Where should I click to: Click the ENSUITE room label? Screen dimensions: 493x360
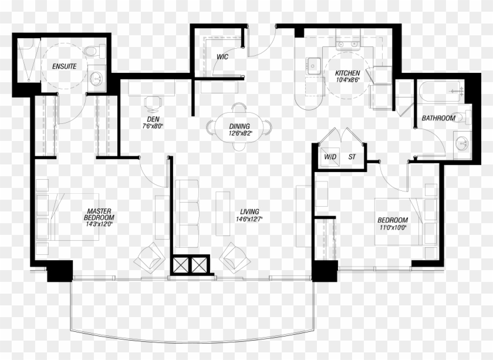point(64,66)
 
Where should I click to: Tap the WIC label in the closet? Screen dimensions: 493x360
point(222,57)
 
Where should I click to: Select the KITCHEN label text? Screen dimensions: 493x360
point(347,73)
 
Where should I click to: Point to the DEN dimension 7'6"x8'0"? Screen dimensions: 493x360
point(153,126)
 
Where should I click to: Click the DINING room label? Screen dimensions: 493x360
point(239,126)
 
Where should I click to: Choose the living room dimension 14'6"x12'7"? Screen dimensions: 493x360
point(249,218)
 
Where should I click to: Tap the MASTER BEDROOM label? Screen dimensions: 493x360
point(99,214)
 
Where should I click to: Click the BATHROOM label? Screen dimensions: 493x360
point(438,118)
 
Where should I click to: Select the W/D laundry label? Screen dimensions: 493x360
point(330,157)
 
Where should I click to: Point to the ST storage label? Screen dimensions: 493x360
point(352,157)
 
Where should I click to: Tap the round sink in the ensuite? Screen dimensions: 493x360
point(96,78)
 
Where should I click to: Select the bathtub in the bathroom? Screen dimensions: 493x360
point(441,92)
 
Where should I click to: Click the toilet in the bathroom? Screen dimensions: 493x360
point(461,117)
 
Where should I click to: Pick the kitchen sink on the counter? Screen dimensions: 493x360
point(314,66)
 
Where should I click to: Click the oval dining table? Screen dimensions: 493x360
point(239,127)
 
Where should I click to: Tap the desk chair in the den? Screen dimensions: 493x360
point(153,104)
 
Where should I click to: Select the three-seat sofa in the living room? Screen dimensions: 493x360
point(187,214)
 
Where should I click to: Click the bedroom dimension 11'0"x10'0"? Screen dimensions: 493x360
point(393,227)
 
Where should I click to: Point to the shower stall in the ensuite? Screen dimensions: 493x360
point(28,60)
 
